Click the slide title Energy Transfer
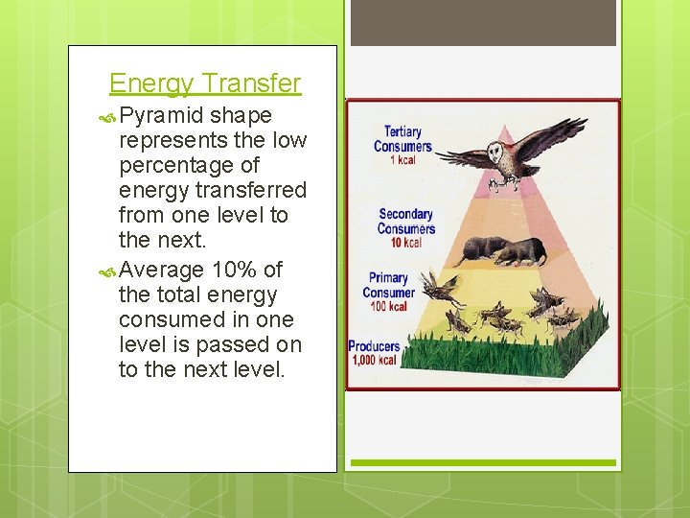(205, 84)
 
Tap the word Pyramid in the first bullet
(162, 115)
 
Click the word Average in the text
(162, 270)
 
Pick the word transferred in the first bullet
(248, 190)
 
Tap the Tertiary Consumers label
(402, 139)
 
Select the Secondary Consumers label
(405, 222)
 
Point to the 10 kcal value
(405, 243)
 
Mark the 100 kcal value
(390, 307)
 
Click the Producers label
(374, 346)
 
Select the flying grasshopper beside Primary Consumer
(441, 287)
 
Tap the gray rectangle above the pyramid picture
(483, 23)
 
